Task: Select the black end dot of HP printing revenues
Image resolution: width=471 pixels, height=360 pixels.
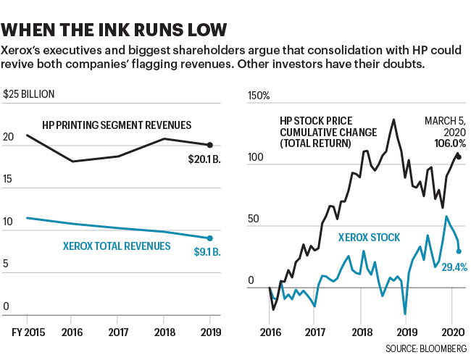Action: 209,145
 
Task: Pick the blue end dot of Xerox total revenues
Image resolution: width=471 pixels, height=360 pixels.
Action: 209,238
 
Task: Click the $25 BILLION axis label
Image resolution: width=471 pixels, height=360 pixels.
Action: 29,94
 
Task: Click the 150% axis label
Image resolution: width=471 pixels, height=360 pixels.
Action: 259,95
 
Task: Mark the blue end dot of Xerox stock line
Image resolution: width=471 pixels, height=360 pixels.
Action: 459,251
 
